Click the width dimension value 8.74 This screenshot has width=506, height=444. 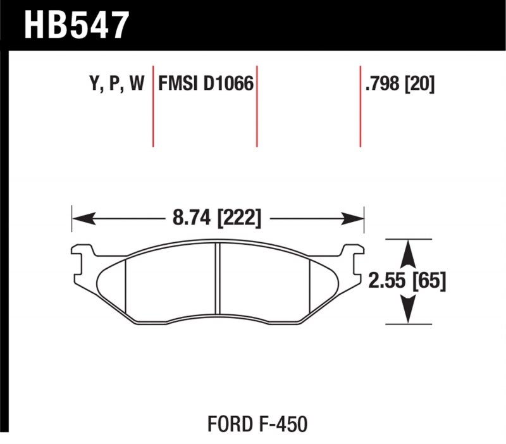[x=191, y=219]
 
